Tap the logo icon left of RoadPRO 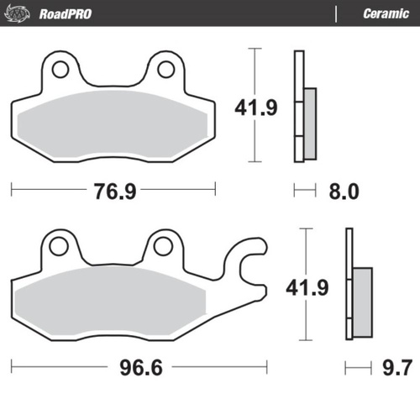tap(24, 13)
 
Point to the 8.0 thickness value tap(342, 191)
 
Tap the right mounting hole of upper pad tap(165, 68)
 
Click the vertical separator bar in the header tap(336, 13)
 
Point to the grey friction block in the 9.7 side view tap(362, 294)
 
